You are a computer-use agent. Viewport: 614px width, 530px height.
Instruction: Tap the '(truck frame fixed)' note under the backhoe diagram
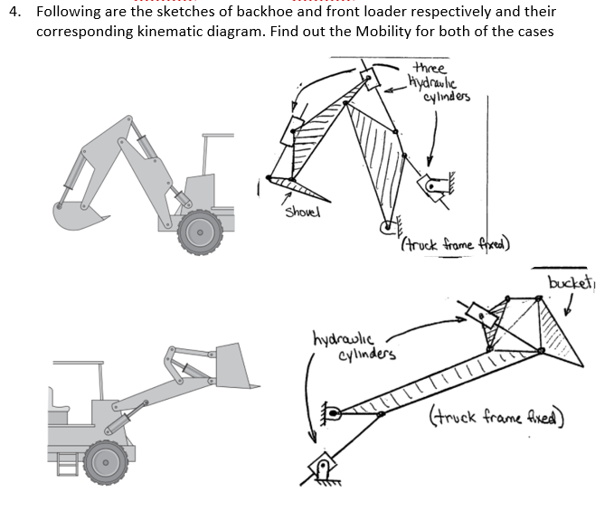point(455,243)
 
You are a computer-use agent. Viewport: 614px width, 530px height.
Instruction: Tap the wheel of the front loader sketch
point(106,462)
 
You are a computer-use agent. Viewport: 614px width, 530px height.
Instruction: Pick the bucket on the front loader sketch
point(234,365)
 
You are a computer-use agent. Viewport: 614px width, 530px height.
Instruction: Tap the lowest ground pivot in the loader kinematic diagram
point(321,469)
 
